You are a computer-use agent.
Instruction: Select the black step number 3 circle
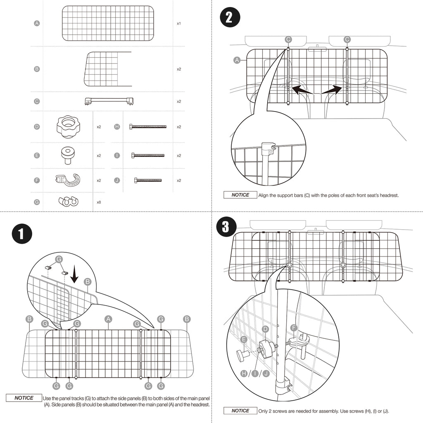point(226,228)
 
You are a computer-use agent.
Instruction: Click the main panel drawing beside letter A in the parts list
point(107,24)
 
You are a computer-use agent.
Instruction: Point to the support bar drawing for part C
point(109,101)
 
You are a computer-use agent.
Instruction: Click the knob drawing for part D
point(68,126)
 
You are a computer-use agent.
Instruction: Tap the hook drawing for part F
point(68,180)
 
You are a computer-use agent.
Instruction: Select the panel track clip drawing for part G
point(68,202)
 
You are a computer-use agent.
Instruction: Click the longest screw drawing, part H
point(148,126)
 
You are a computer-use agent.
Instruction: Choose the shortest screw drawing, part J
point(148,180)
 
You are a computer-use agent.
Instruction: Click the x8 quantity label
point(99,202)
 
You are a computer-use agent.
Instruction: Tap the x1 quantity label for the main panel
point(178,24)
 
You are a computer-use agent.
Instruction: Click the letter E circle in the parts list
point(37,155)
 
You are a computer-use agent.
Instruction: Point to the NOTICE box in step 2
point(240,195)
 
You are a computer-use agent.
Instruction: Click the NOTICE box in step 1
point(24,398)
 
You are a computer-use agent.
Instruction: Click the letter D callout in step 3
point(266,329)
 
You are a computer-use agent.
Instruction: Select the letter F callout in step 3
point(294,328)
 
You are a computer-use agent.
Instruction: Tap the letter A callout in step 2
point(237,60)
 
